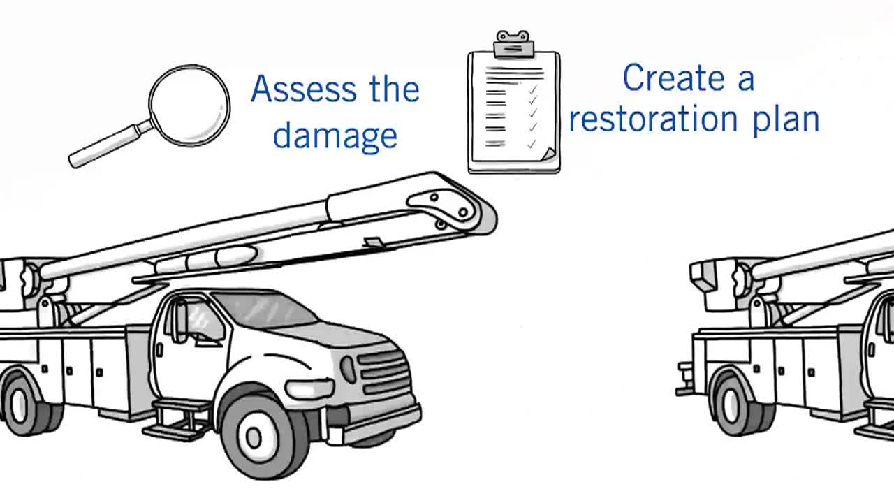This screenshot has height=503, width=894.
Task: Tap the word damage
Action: pos(335,135)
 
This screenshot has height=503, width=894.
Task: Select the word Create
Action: pos(675,78)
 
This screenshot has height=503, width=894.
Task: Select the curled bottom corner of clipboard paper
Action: pos(548,154)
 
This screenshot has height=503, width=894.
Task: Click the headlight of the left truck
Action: pos(347,369)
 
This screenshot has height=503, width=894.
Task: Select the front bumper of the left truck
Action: pos(381,423)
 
